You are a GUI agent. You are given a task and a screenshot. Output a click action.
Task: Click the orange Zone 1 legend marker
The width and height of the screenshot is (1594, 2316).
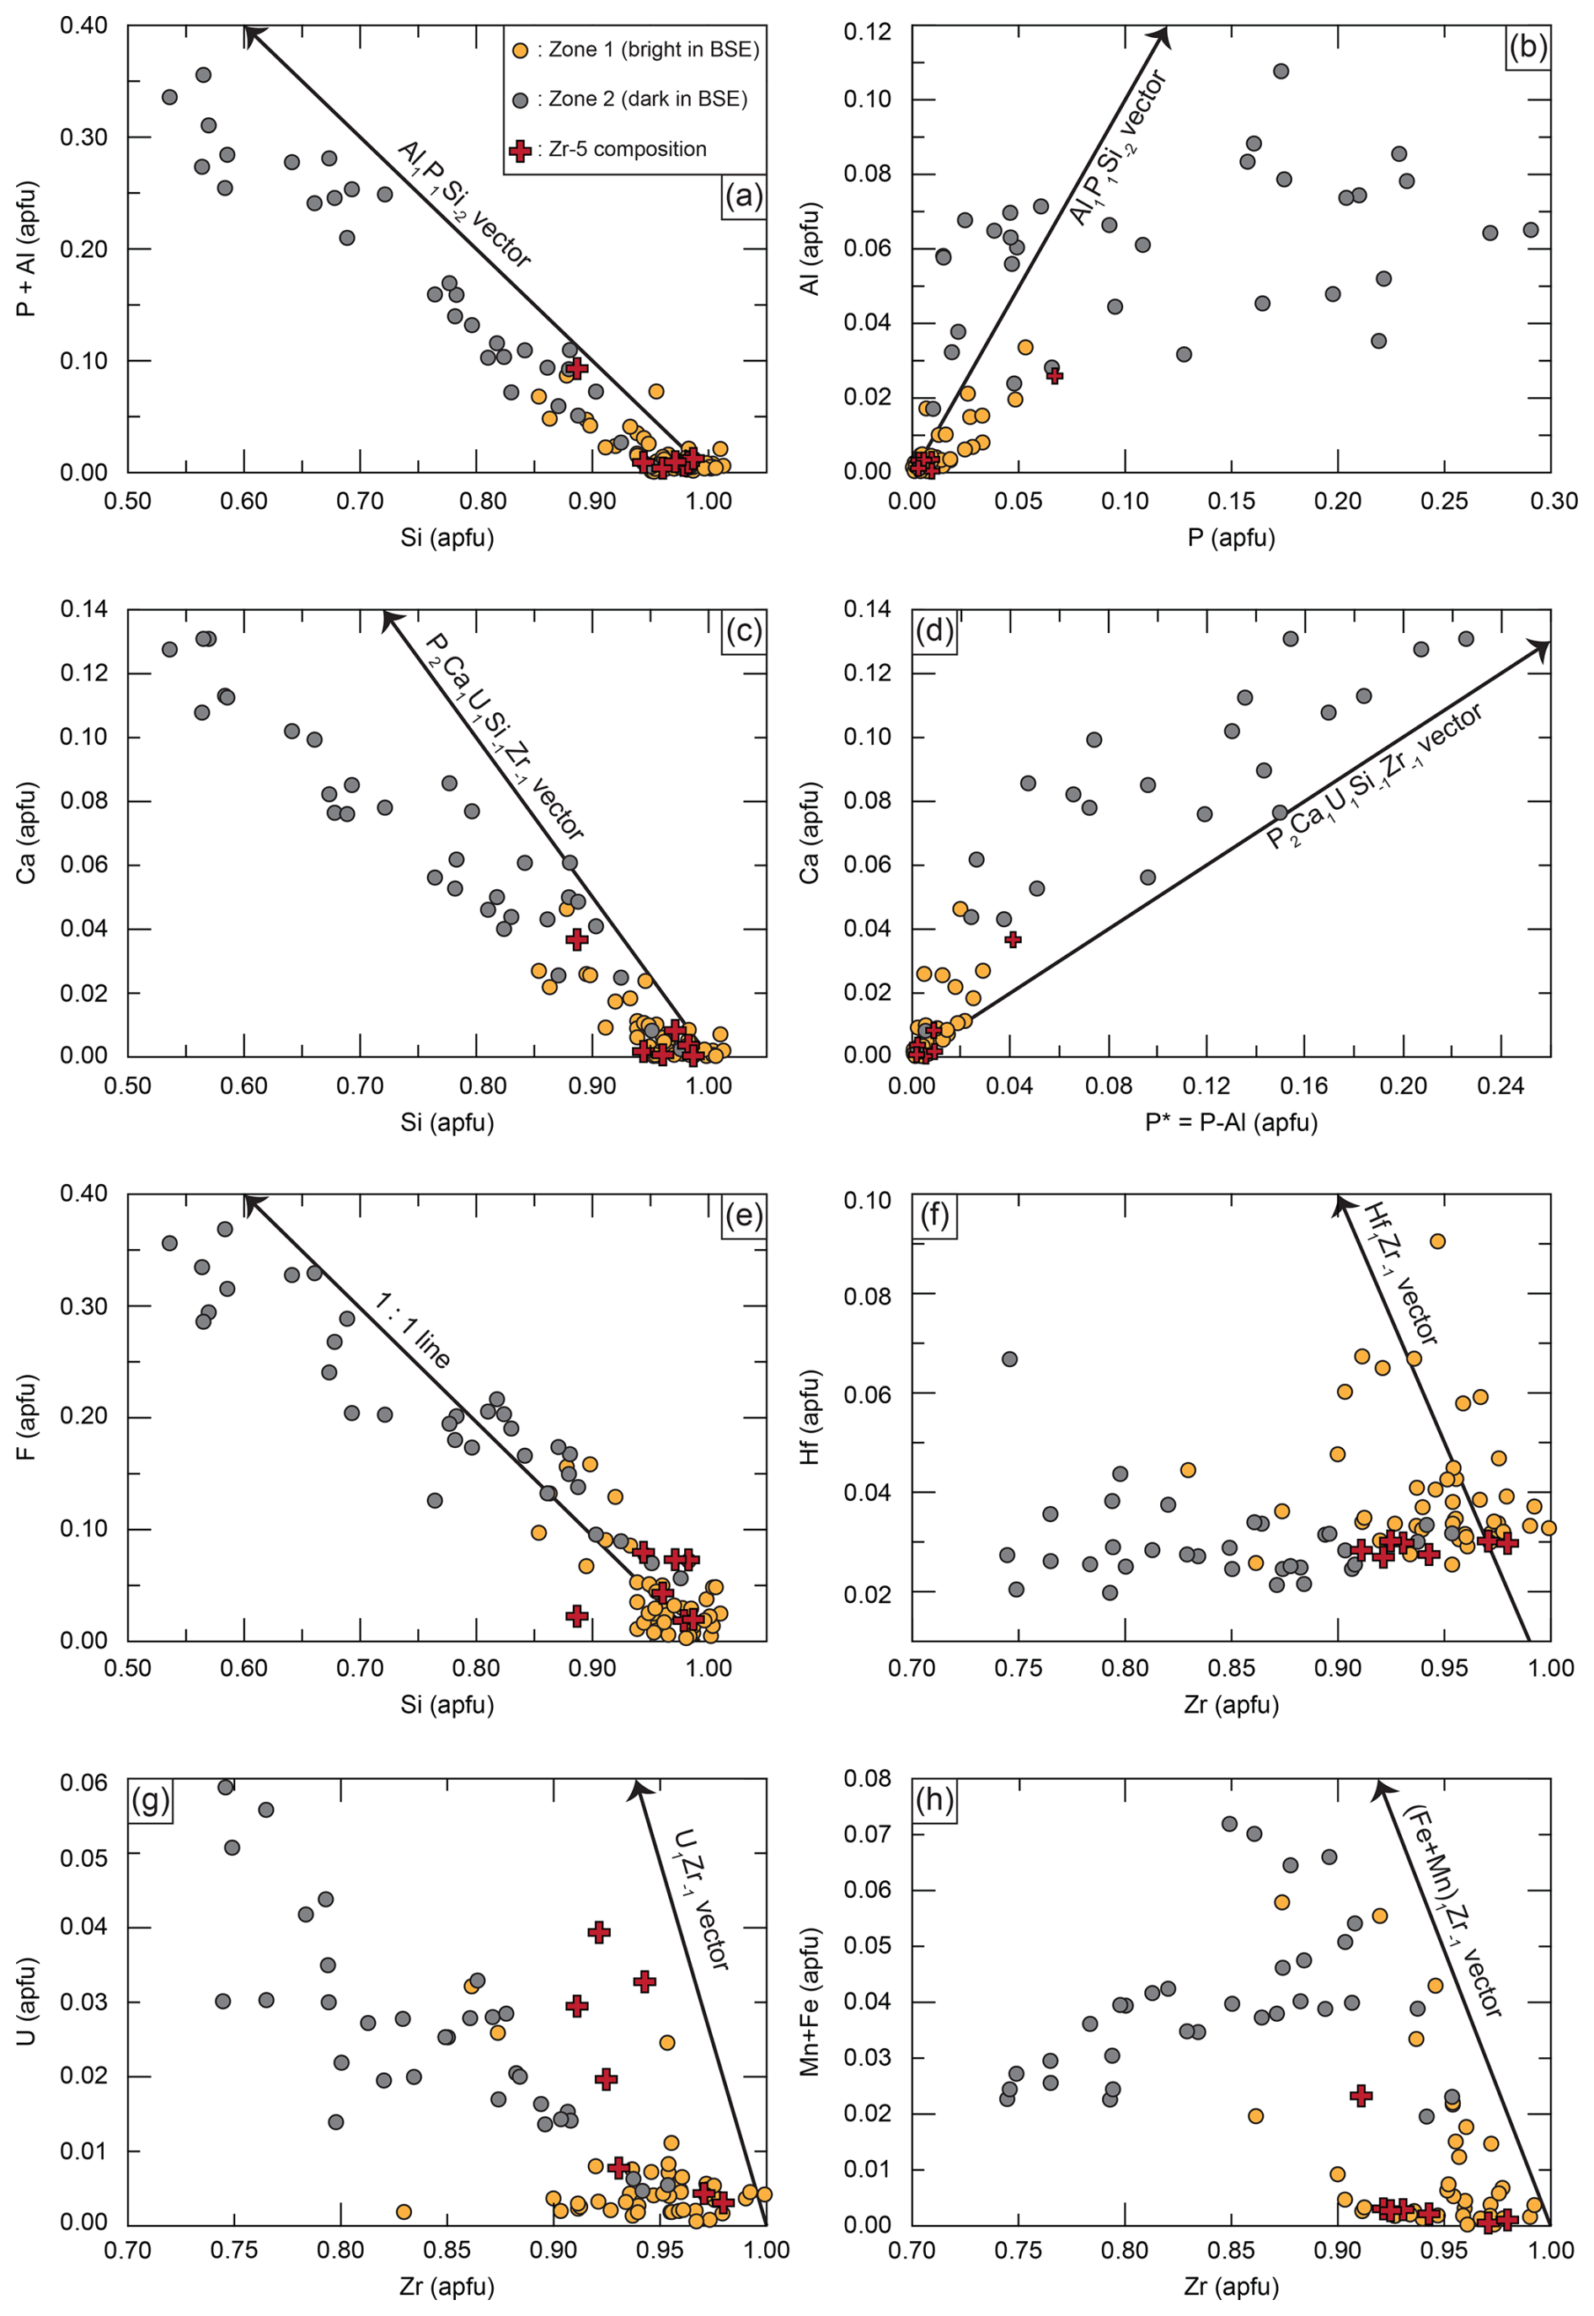coord(519,50)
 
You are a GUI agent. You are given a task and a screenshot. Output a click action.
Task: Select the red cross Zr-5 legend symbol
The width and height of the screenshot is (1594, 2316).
coord(519,151)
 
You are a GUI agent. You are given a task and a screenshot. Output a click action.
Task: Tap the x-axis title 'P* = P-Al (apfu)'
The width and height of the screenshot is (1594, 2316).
coord(1230,1122)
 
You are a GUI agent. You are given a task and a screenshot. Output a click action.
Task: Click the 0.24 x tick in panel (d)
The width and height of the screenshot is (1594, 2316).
coord(1500,1086)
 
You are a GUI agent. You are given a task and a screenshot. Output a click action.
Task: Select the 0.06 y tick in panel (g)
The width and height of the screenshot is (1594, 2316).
coord(84,1783)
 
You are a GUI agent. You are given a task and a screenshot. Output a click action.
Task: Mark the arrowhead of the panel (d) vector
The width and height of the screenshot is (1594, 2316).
coord(1544,647)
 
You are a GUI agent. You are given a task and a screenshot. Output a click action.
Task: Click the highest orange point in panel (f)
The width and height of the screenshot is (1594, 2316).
coord(1437,1241)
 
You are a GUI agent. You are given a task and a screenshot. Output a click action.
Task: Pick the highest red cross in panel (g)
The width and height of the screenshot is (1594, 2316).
coord(598,1933)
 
